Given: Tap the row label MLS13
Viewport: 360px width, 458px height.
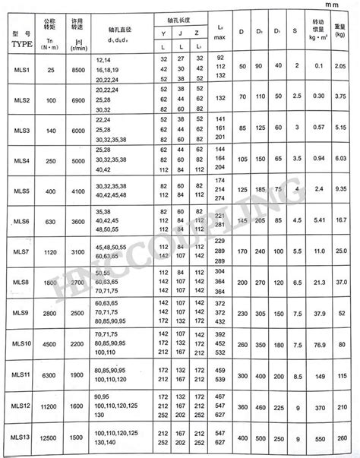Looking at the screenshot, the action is click(x=22, y=436).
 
